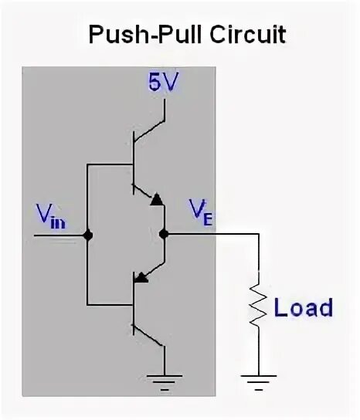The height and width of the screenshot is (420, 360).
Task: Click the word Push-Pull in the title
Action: click(x=146, y=35)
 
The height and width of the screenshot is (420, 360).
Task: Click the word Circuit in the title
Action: click(x=248, y=35)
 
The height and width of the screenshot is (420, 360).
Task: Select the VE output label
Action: click(x=201, y=213)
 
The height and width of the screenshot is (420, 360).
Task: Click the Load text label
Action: click(x=304, y=307)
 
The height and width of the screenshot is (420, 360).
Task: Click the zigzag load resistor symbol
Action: click(x=258, y=306)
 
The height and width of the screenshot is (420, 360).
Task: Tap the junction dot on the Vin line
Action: click(x=87, y=235)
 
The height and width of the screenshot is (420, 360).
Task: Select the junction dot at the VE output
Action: click(x=164, y=235)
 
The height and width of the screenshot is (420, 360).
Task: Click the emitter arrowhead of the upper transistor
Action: click(x=157, y=199)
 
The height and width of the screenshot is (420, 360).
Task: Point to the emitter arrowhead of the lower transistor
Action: click(x=141, y=278)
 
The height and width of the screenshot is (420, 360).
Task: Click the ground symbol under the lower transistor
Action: click(x=165, y=382)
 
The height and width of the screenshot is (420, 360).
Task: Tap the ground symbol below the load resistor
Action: click(x=259, y=382)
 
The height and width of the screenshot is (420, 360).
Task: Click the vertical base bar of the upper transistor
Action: click(x=133, y=163)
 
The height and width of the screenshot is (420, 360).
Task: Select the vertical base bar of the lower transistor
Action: click(x=134, y=303)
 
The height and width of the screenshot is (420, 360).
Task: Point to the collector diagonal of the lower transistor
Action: click(x=148, y=336)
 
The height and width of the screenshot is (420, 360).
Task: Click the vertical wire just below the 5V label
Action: click(x=165, y=110)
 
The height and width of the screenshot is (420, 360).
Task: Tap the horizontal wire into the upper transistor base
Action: click(x=110, y=164)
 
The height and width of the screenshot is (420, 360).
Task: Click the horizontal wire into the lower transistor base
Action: click(x=110, y=304)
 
